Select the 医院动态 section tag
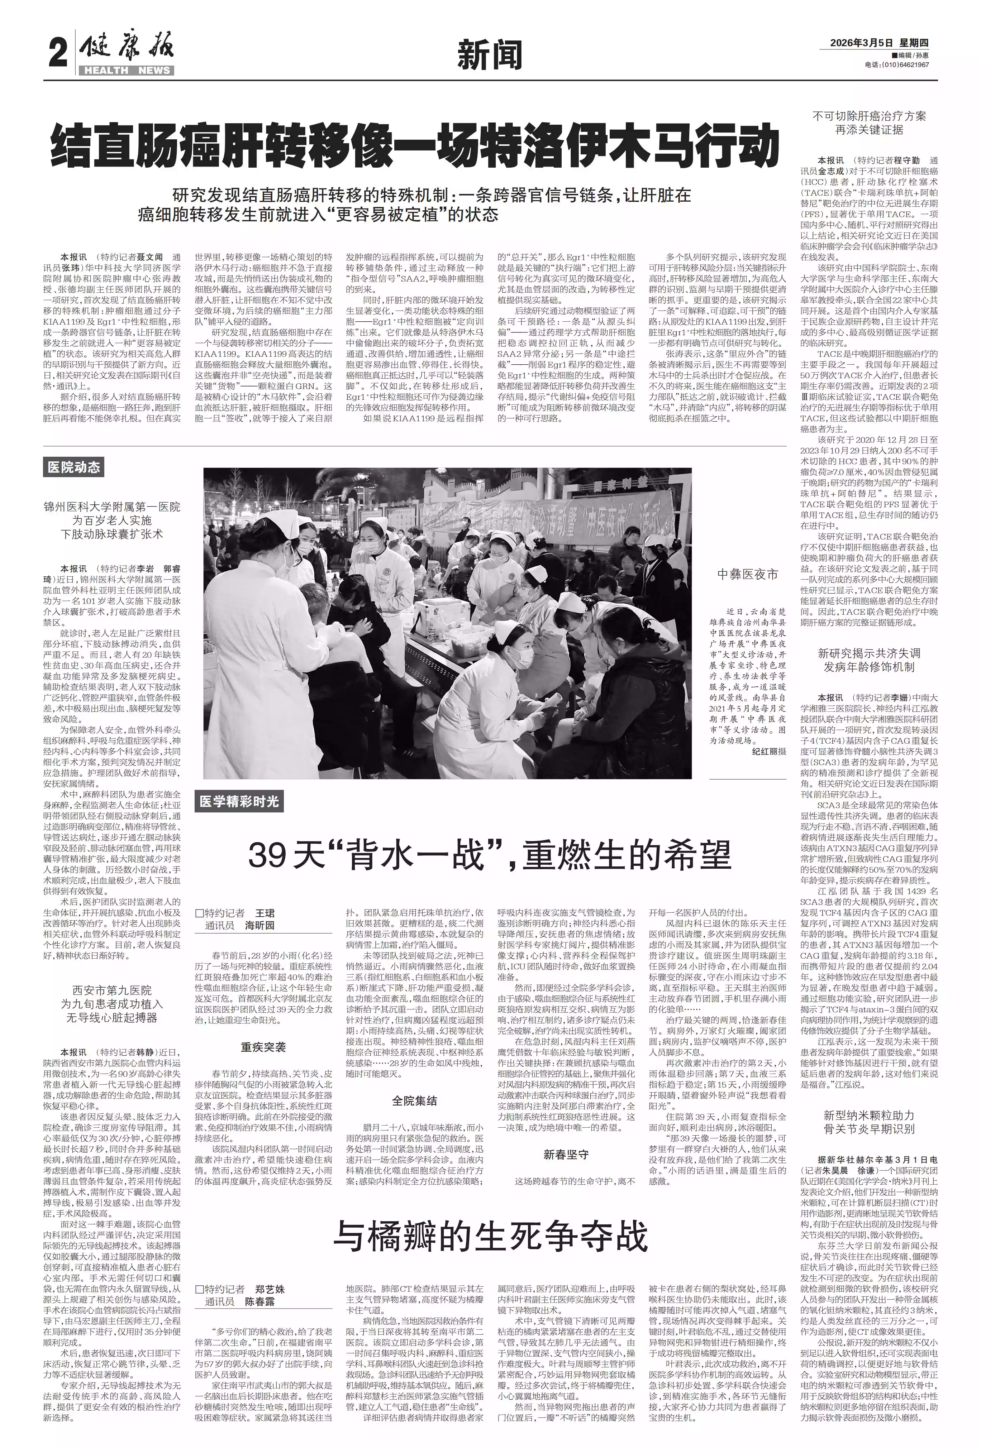tap(73, 467)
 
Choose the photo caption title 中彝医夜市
tap(747, 575)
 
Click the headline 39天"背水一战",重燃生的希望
tap(488, 854)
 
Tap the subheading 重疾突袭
tap(263, 1047)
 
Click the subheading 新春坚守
tap(565, 1154)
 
